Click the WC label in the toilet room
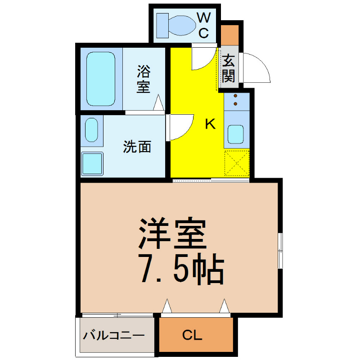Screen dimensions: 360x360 (204, 25)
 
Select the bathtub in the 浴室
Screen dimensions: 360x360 (101, 79)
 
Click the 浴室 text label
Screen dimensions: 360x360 (144, 79)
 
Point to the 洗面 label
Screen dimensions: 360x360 (137, 147)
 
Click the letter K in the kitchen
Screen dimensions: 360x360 (210, 124)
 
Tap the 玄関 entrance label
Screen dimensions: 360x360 (229, 68)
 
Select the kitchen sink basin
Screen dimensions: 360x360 (235, 134)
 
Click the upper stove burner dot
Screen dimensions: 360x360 (235, 96)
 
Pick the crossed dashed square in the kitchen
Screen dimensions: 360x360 (237, 163)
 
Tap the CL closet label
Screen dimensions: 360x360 (192, 335)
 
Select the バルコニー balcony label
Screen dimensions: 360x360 (114, 336)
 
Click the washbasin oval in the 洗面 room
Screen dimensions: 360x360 (92, 130)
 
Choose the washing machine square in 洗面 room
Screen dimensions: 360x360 (92, 163)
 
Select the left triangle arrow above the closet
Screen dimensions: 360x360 (167, 306)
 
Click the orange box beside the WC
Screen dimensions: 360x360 (229, 35)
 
